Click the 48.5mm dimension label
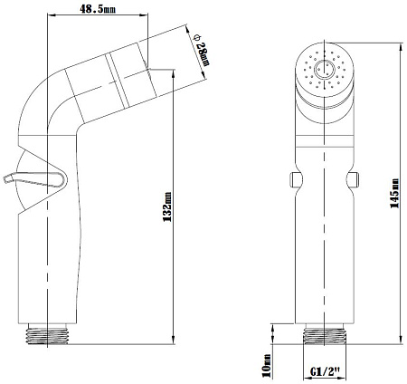coord(98,9)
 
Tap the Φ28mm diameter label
coord(202,50)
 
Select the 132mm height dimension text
coord(167,206)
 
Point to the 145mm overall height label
coord(395,193)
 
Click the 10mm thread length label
coord(267,365)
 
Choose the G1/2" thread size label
coord(326,370)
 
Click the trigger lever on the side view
coord(34,179)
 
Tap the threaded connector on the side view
coord(47,334)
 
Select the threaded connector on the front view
coord(325,334)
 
